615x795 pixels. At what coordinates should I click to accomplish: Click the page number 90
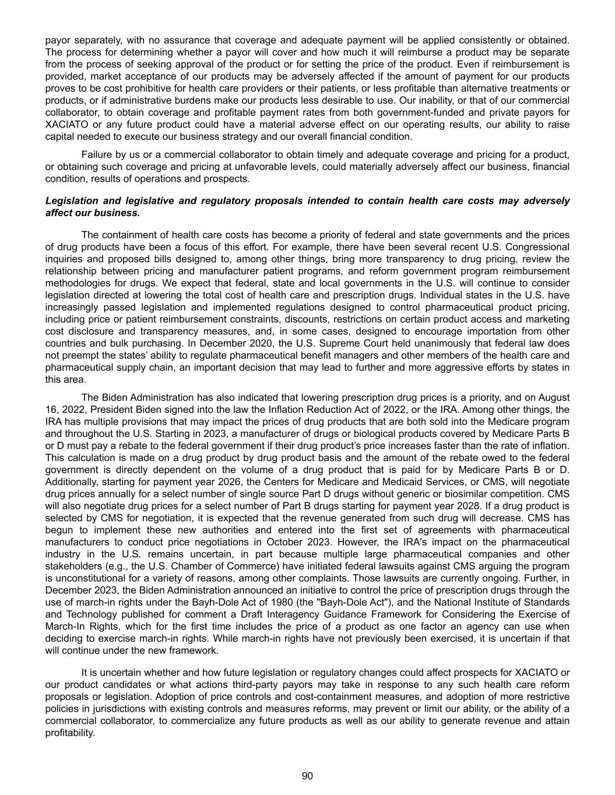(307, 776)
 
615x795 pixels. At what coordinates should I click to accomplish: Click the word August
(554, 398)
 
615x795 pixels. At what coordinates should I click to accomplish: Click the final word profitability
(70, 733)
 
